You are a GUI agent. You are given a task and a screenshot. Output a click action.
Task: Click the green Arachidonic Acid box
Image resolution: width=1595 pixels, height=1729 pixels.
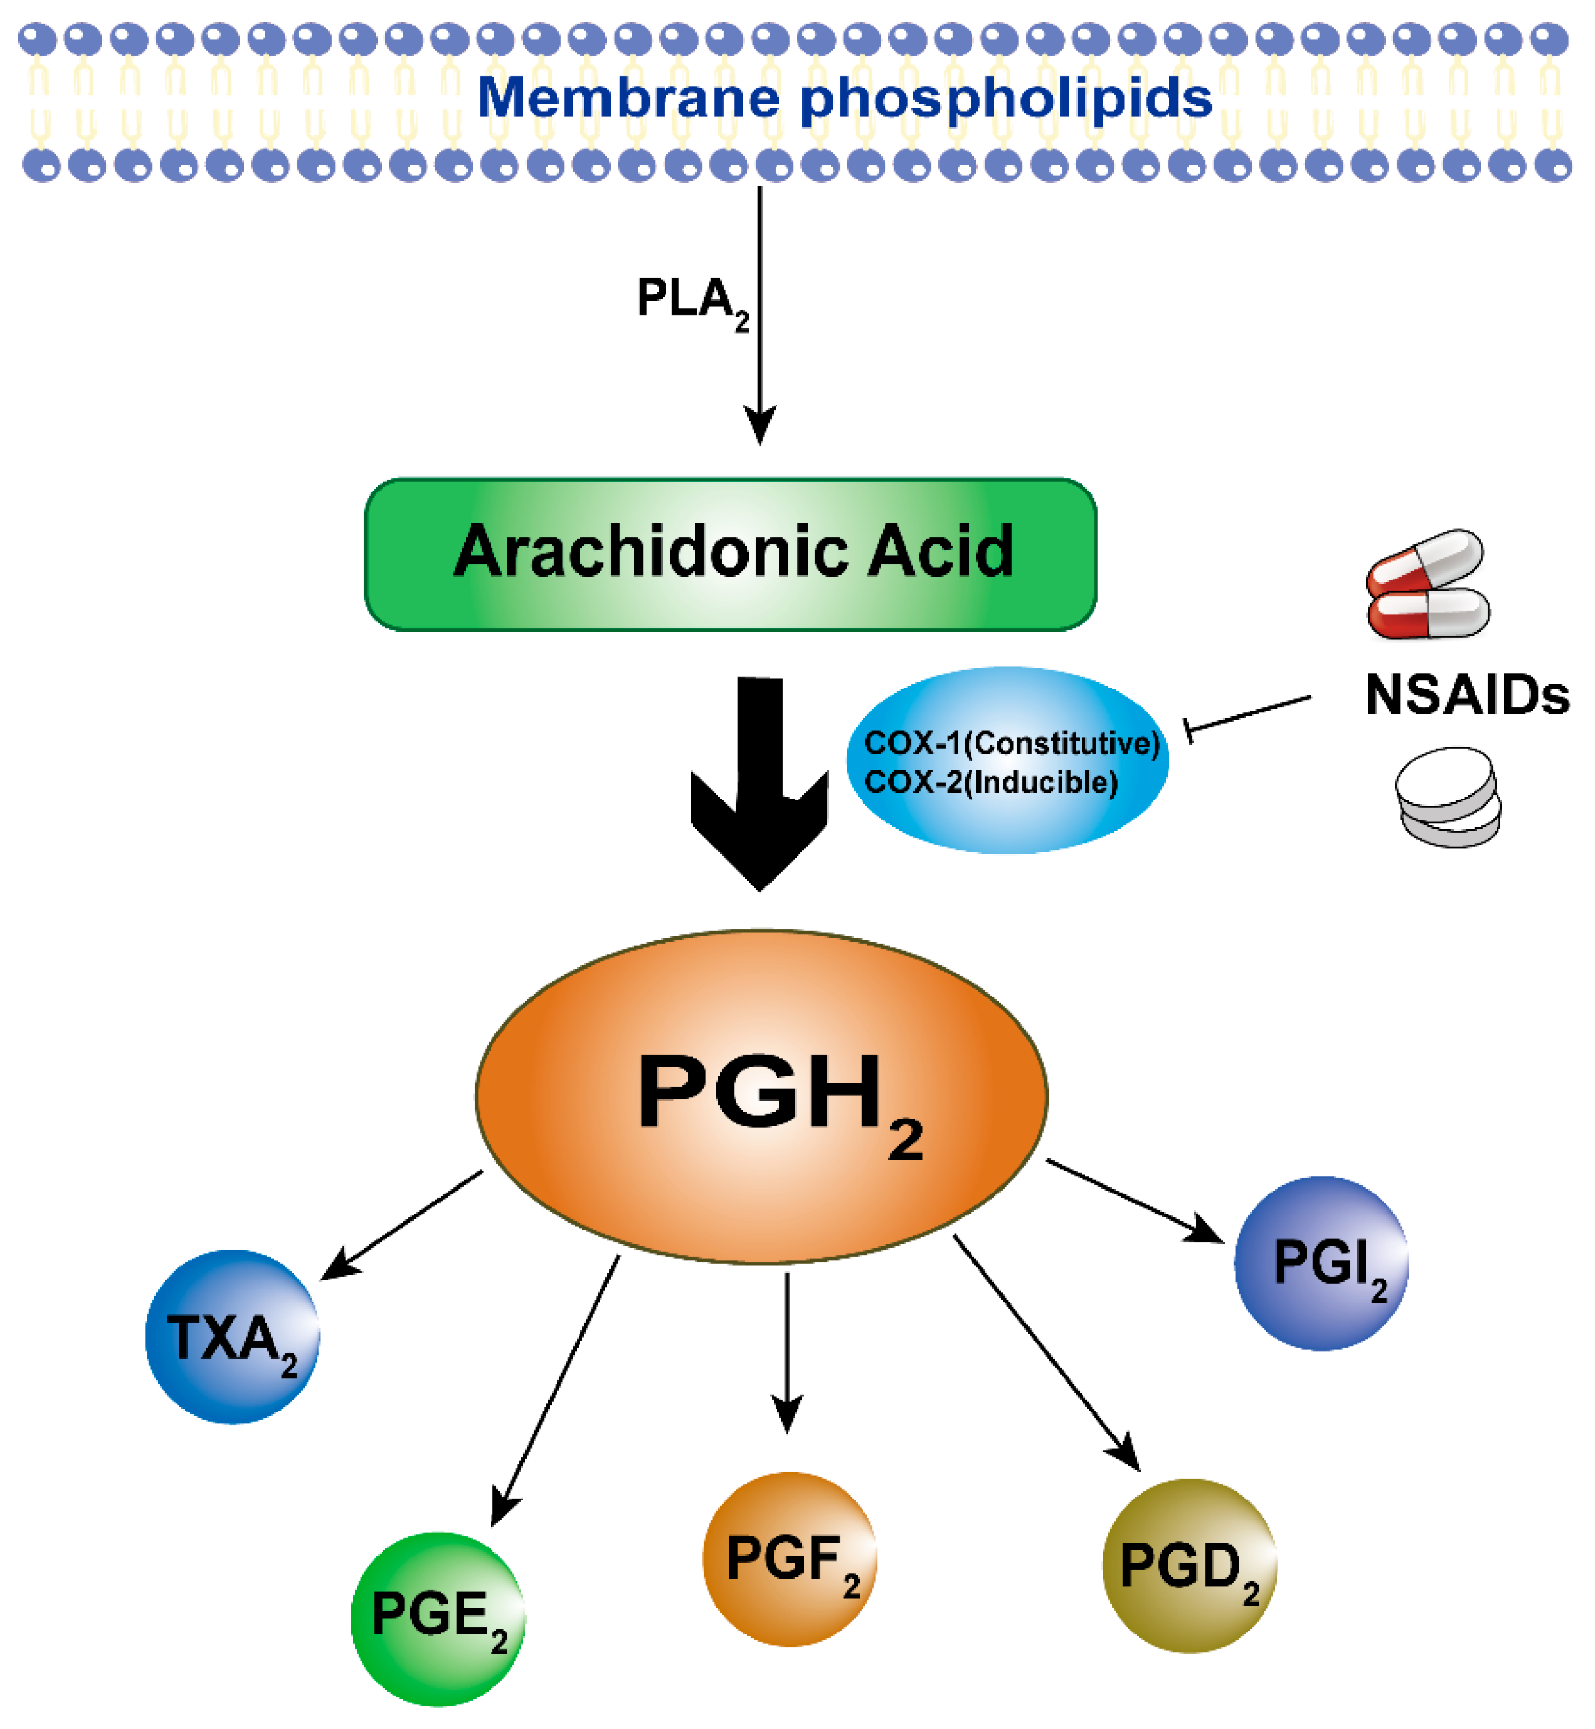click(730, 554)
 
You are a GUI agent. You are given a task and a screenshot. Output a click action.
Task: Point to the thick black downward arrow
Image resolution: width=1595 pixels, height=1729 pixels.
click(760, 785)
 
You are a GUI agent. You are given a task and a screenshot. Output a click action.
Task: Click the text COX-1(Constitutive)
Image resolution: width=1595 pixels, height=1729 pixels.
click(1011, 742)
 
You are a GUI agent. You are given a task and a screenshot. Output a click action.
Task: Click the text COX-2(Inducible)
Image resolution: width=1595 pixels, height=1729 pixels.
click(990, 782)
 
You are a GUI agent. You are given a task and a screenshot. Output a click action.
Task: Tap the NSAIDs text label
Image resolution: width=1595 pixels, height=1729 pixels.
click(1466, 695)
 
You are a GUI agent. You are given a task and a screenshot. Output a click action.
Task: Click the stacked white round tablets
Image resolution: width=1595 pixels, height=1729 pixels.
click(1447, 796)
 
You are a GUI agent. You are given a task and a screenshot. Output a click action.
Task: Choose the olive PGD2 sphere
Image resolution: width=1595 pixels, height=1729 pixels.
click(1189, 1567)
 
